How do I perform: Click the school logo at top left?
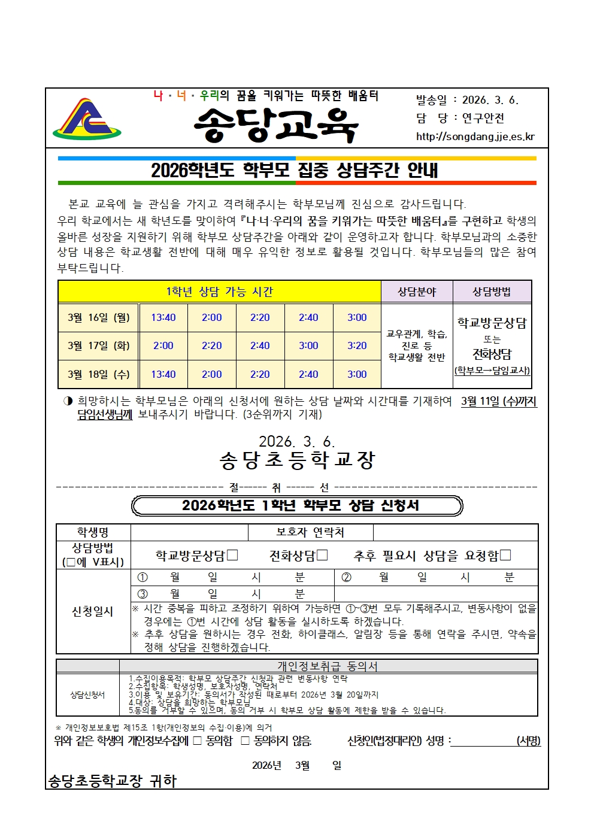point(87,119)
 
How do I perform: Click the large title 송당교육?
point(276,125)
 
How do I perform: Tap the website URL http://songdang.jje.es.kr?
point(475,137)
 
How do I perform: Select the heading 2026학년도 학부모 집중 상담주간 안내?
point(295,171)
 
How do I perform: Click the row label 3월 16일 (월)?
point(99,317)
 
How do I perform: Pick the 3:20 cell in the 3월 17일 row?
point(357,345)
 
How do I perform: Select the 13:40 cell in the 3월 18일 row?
point(163,374)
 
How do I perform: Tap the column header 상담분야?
point(417,292)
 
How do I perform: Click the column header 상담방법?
point(492,292)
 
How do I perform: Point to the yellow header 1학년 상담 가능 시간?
point(219,292)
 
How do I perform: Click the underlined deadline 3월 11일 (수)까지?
point(499,401)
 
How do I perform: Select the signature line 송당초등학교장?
point(297,460)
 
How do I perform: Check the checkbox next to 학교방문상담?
point(232,555)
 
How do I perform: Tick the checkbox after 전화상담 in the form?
point(322,555)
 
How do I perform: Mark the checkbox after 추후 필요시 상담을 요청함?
point(505,555)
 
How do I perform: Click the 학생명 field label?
point(93,532)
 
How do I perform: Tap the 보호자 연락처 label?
point(310,532)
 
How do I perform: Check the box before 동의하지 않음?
point(245,741)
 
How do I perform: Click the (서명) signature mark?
point(528,741)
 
